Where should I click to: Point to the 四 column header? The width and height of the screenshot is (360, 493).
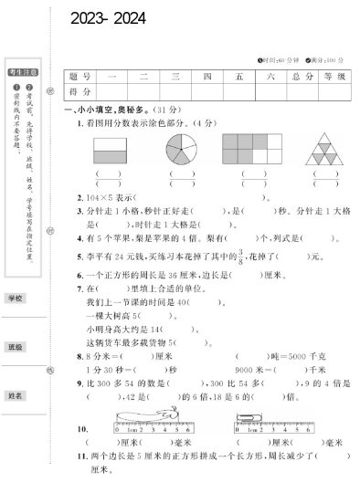coord(207,78)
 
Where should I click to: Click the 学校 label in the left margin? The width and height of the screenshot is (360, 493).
coord(16,299)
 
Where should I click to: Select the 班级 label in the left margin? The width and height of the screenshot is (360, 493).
coord(16,347)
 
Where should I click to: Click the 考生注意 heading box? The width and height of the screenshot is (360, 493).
coord(19,70)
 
